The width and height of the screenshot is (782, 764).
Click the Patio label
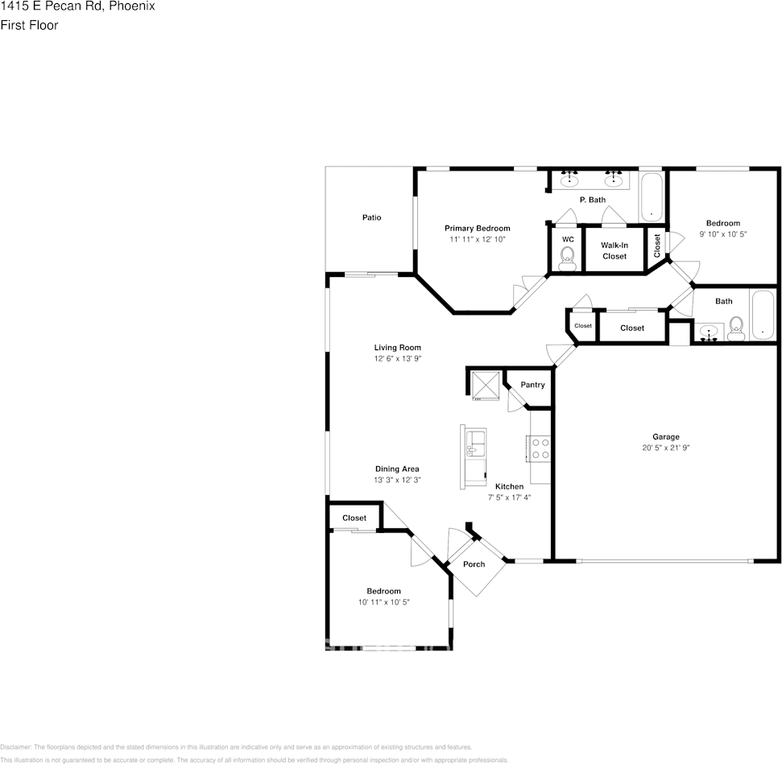tap(371, 217)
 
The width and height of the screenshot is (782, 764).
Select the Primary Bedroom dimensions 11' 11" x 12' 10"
tap(477, 240)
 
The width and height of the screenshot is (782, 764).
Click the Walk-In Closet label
tap(614, 250)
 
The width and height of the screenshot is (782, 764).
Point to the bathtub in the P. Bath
tap(652, 197)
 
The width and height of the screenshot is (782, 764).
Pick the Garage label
tap(666, 436)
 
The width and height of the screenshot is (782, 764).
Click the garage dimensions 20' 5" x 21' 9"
tap(666, 448)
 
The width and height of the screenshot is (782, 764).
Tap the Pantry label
tap(532, 385)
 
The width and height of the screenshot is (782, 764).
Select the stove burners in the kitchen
tap(539, 448)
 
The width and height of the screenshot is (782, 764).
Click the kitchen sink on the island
tap(476, 441)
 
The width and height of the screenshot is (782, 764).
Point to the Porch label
tap(474, 564)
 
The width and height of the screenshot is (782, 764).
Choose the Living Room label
tap(397, 348)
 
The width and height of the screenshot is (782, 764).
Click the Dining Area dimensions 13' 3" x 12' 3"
tap(397, 480)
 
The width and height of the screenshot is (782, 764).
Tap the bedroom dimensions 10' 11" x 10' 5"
tap(384, 602)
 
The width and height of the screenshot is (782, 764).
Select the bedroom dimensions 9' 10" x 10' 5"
tap(722, 234)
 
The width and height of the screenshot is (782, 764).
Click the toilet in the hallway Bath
tap(735, 326)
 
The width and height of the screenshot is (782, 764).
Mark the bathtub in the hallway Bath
tap(762, 315)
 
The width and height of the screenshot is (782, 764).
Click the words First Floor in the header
tap(29, 25)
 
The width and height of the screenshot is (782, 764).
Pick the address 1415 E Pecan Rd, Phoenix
tap(77, 6)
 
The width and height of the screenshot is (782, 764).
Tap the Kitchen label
tap(509, 486)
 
